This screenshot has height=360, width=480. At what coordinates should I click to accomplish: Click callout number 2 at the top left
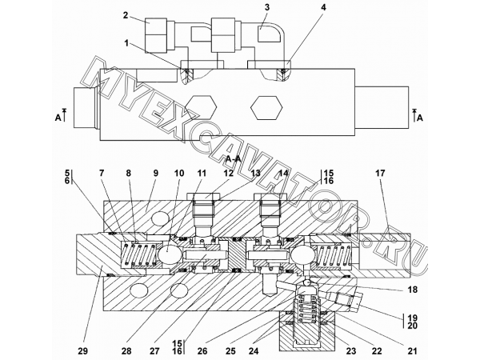(x=126, y=15)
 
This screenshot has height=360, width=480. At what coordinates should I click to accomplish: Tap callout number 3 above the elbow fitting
(x=267, y=7)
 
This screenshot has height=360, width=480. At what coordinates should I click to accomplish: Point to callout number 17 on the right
(x=380, y=174)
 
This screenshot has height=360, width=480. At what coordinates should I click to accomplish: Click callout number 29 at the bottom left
(x=82, y=351)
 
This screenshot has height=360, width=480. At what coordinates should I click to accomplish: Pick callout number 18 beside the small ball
(x=412, y=290)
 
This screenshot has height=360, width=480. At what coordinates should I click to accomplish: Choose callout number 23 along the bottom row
(x=351, y=351)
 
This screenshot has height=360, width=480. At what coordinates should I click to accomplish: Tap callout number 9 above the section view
(x=155, y=174)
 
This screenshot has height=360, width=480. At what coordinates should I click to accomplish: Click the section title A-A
(x=234, y=159)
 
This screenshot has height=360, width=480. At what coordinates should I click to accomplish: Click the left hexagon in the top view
(x=201, y=107)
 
